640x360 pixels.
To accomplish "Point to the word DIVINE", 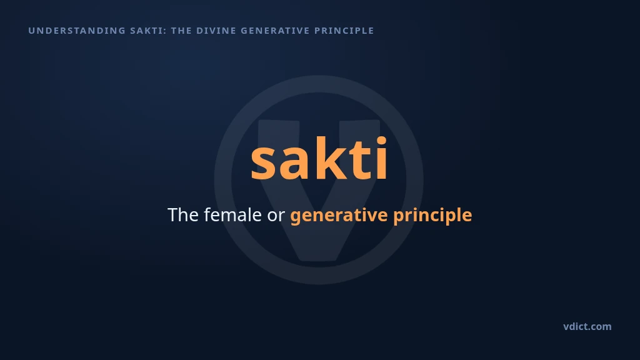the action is (216, 31).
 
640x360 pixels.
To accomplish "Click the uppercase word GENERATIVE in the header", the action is (276, 31).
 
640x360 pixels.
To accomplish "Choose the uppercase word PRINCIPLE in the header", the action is (344, 31).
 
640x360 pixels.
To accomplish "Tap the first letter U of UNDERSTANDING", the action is (31, 31).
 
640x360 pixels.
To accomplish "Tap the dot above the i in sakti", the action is (381, 141).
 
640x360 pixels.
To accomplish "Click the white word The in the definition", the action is (183, 215).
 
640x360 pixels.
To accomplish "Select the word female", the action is (232, 215).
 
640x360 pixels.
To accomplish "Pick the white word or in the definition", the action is (276, 217).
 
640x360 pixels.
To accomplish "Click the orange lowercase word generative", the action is (339, 216).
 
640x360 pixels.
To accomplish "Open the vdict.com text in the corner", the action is (587, 326).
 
